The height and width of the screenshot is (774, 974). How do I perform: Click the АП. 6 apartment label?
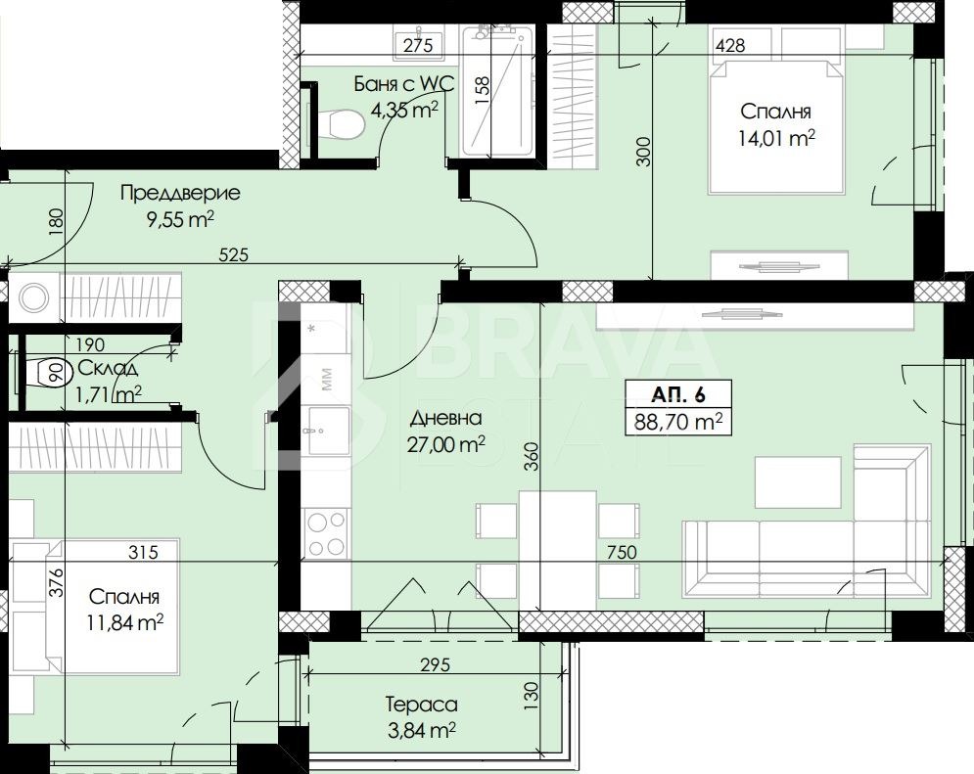678,394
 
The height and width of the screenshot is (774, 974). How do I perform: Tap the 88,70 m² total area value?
678,422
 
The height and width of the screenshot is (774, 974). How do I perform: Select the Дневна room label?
445,418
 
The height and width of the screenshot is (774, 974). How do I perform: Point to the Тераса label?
422,705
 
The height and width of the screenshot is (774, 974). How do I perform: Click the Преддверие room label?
180,193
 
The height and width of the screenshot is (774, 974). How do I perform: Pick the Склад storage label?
107,368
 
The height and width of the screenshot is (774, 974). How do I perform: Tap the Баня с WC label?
404,83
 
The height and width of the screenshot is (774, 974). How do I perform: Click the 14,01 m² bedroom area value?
776,138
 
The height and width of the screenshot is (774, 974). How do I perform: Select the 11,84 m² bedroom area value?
125,622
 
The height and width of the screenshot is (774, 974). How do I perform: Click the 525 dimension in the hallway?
233,254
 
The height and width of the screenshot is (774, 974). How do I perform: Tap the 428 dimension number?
730,45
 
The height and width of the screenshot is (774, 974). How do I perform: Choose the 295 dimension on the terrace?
435,665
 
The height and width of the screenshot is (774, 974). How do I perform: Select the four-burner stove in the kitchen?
327,532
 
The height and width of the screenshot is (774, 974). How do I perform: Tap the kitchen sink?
326,431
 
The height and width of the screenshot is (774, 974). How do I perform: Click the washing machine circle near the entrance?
33,297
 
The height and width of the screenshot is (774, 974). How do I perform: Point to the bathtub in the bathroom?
497,91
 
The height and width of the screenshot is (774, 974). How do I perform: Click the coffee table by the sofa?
798,483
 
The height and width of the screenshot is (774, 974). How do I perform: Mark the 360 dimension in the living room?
532,456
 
